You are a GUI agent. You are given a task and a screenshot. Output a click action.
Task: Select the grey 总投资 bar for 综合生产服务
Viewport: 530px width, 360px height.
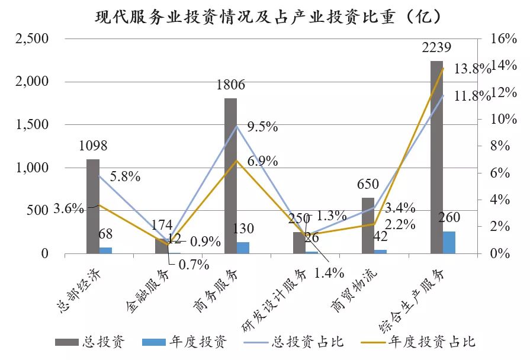click(436, 157)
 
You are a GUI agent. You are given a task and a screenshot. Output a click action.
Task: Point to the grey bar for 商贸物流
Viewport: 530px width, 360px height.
click(368, 226)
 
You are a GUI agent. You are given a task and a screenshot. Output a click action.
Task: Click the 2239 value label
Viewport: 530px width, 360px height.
click(436, 48)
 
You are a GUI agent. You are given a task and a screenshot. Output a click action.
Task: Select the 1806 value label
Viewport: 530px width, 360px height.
click(230, 85)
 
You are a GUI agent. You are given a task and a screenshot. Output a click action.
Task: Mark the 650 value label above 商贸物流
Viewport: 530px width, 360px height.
click(368, 185)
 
